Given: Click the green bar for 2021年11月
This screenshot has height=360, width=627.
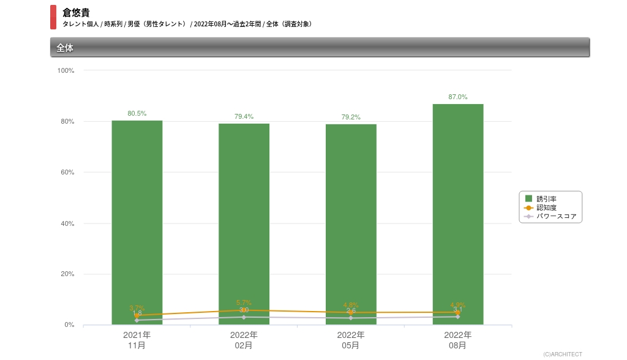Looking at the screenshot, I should coord(137,214).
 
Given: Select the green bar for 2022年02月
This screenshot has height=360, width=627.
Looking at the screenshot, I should coord(244,214).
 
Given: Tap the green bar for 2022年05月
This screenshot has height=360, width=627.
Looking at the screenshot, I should coord(351,214).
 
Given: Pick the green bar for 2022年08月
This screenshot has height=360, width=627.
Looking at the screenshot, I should coord(458,208).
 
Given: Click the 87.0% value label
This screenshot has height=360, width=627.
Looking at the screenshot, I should coord(458,97).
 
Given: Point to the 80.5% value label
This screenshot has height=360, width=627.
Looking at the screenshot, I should coord(137,114).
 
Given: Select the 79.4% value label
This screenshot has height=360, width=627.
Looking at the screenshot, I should coord(244,117).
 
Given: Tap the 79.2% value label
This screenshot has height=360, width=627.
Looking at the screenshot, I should coord(351,118).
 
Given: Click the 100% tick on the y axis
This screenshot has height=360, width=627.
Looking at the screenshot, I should coord(66,71).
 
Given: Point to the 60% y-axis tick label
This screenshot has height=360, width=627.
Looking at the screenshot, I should coord(67,173).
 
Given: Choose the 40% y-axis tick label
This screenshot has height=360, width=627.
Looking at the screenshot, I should coord(67,224).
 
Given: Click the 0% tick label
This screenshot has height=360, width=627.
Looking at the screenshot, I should coord(69,325).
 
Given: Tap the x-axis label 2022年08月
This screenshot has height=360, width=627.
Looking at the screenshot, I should coord(458,340).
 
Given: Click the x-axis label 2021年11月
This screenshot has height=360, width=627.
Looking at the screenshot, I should coord(137,340).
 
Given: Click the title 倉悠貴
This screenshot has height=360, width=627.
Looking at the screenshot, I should coord(76,12).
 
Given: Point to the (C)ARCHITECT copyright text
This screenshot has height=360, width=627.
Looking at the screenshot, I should coord(563,354).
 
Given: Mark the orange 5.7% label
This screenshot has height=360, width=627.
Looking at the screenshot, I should coord(244,303).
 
